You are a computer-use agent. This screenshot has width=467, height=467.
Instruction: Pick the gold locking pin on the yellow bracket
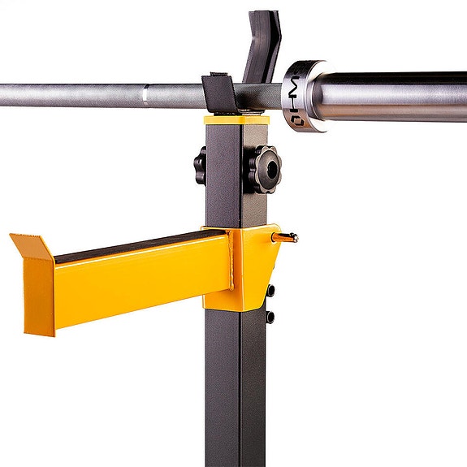pos(287,237)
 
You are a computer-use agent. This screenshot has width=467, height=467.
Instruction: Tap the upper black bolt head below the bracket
pos(270,290)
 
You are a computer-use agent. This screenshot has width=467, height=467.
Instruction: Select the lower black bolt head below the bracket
pos(270,316)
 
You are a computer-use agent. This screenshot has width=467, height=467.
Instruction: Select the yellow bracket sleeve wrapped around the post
pos(244,268)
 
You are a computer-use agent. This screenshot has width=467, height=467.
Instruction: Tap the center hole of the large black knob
pos(266,168)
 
